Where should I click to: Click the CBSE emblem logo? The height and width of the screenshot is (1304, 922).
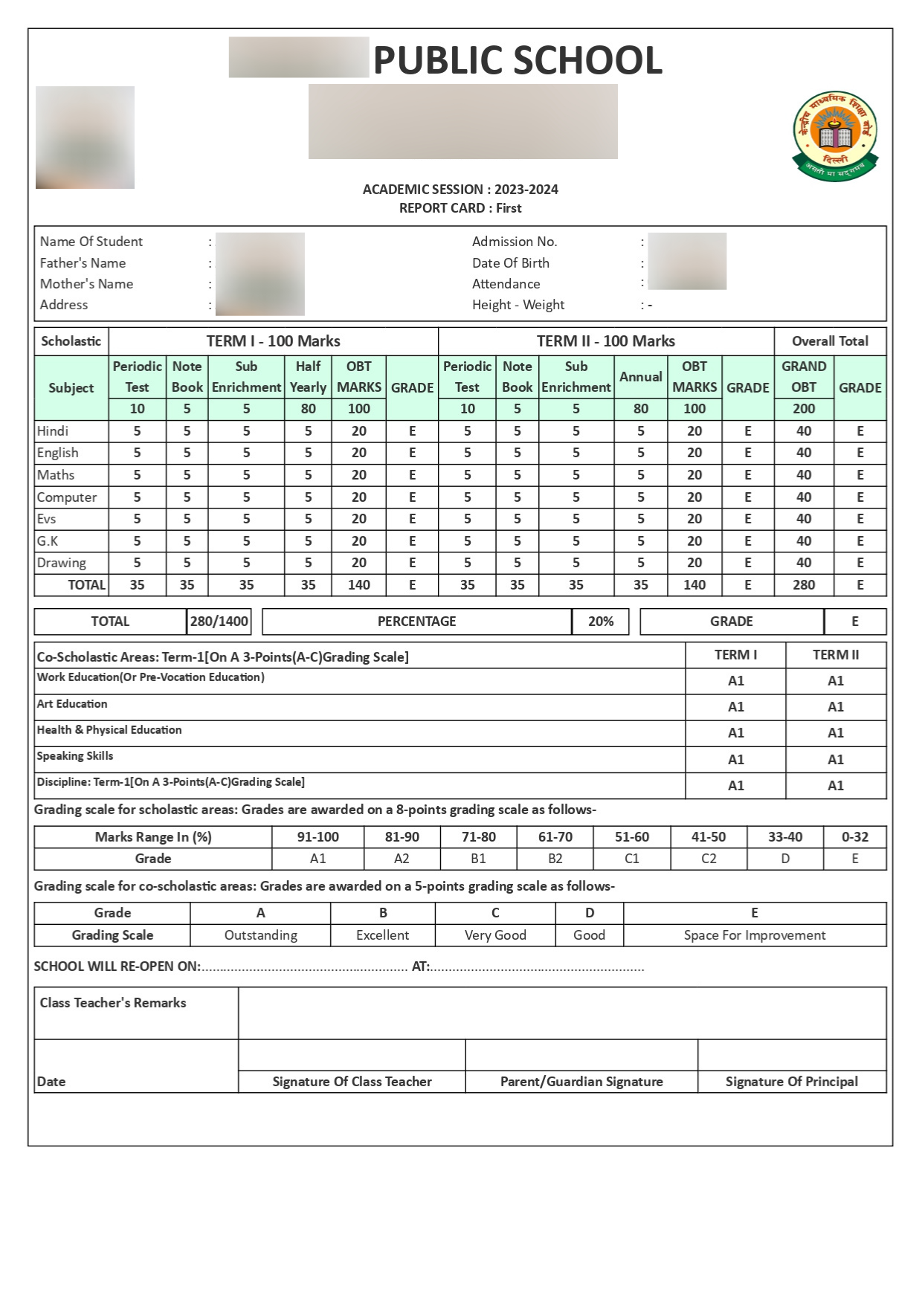pyautogui.click(x=835, y=136)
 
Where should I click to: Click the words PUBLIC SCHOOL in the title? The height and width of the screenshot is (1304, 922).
pyautogui.click(x=518, y=60)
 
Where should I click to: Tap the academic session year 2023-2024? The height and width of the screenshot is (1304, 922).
pyautogui.click(x=526, y=190)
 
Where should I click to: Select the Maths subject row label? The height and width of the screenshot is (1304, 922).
pyautogui.click(x=57, y=475)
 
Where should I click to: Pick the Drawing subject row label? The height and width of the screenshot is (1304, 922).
pyautogui.click(x=62, y=563)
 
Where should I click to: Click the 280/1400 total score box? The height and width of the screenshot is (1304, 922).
pyautogui.click(x=219, y=622)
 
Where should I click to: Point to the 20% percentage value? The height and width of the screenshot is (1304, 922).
pyautogui.click(x=601, y=622)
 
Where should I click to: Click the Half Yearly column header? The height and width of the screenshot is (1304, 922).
pyautogui.click(x=308, y=377)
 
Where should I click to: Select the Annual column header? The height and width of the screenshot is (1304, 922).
pyautogui.click(x=640, y=377)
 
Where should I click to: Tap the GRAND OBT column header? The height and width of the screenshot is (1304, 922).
pyautogui.click(x=804, y=377)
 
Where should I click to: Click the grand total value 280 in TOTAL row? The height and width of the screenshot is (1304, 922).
pyautogui.click(x=804, y=585)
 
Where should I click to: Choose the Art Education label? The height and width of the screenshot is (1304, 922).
pyautogui.click(x=72, y=704)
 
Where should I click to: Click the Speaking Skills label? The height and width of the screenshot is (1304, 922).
pyautogui.click(x=75, y=756)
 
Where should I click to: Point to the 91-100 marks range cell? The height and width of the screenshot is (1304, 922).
pyautogui.click(x=317, y=837)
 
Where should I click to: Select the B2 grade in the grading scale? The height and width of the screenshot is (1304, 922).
pyautogui.click(x=555, y=859)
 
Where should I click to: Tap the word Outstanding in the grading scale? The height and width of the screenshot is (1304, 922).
pyautogui.click(x=261, y=935)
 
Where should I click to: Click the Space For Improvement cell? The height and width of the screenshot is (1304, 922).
pyautogui.click(x=755, y=935)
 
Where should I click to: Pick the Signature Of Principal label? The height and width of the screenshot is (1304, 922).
pyautogui.click(x=792, y=1082)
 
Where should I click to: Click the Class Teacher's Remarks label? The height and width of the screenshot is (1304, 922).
pyautogui.click(x=113, y=1003)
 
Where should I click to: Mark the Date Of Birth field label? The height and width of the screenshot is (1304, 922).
pyautogui.click(x=511, y=263)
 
